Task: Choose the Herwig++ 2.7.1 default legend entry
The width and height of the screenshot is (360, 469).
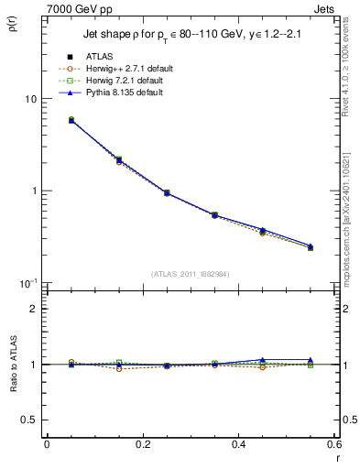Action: (x=125, y=69)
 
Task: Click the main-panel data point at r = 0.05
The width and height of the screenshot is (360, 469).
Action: (x=47, y=120)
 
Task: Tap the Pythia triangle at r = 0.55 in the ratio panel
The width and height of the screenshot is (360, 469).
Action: (x=310, y=360)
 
